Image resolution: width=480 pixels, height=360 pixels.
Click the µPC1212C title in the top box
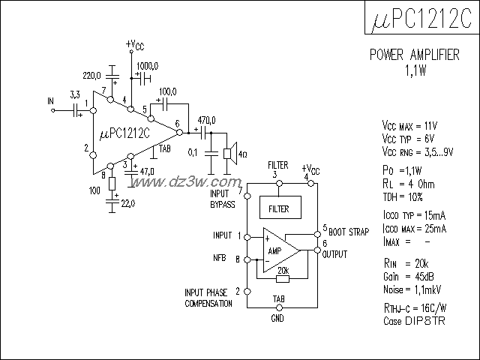click(421, 20)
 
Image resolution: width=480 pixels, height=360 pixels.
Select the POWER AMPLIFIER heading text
click(415, 56)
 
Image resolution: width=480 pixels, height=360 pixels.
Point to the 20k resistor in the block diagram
click(282, 279)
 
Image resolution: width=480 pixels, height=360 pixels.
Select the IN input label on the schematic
click(51, 100)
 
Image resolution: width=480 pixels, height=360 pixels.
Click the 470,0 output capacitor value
click(206, 120)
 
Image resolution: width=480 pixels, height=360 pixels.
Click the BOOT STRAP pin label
click(348, 232)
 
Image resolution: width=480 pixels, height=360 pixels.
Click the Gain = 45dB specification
click(406, 276)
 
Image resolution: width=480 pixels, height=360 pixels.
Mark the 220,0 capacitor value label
click(91, 75)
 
